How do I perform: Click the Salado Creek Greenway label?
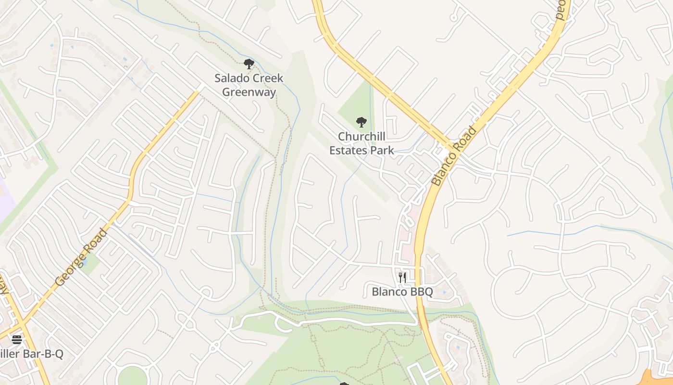249,85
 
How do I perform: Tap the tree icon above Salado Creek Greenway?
249,64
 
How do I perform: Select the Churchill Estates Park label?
361,143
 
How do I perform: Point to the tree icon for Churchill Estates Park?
361,122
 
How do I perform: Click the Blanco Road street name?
454,156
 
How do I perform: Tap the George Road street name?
81,257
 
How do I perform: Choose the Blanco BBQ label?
402,292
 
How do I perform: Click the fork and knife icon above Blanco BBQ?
402,278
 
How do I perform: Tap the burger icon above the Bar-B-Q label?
17,340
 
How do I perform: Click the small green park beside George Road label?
89,264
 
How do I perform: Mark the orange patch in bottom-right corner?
661,378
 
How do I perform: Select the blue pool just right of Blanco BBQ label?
443,292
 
